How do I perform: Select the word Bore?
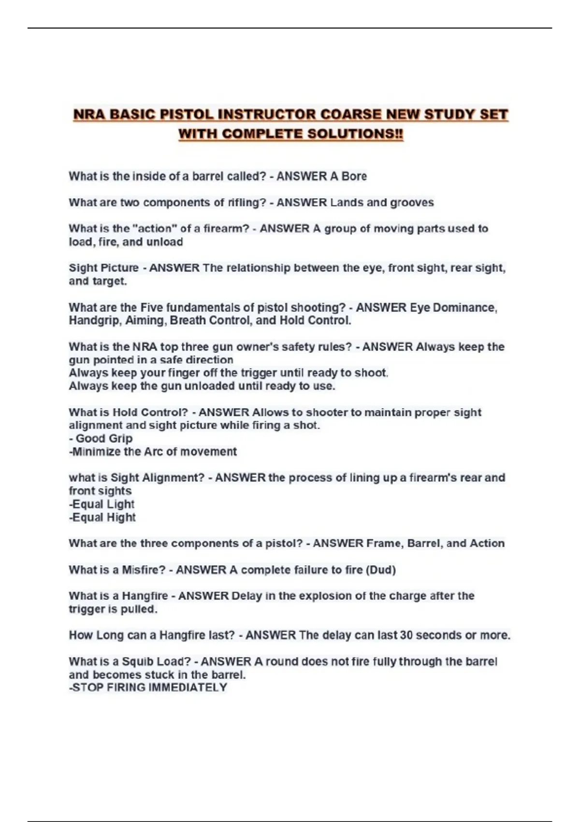(354, 176)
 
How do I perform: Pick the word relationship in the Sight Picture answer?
(258, 268)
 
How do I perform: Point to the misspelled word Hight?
(122, 517)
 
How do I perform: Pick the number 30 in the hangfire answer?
(406, 635)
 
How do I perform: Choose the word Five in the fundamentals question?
(151, 308)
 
